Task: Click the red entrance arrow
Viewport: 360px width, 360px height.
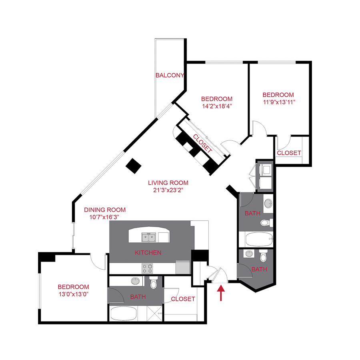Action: [x=221, y=293]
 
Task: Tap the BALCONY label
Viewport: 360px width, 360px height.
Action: [x=170, y=75]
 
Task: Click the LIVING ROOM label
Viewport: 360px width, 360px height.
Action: [x=168, y=183]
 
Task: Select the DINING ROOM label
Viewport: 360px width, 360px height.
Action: [x=105, y=210]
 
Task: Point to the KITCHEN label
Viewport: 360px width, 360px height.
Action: [x=148, y=252]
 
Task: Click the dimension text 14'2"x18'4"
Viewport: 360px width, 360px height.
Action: [x=217, y=106]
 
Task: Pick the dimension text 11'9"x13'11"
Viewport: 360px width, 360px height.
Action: [x=279, y=102]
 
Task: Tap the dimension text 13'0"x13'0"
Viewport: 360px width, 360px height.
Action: [x=74, y=294]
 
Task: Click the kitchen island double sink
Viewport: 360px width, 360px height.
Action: [x=148, y=237]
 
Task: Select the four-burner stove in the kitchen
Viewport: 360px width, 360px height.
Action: [x=147, y=268]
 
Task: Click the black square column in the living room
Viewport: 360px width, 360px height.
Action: [x=133, y=166]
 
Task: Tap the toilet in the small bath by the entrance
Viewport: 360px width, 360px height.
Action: [x=263, y=256]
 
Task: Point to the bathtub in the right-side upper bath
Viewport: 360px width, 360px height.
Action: [x=259, y=239]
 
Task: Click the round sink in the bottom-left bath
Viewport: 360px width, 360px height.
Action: [x=135, y=281]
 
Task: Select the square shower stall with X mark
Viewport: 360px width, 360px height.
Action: [x=154, y=313]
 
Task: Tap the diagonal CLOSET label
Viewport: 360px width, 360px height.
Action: [x=202, y=144]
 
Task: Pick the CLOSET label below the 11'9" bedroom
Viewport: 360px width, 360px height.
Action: [x=289, y=153]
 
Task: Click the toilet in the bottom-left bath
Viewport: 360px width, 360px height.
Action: [x=153, y=282]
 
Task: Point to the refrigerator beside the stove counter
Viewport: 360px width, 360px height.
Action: [x=183, y=267]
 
